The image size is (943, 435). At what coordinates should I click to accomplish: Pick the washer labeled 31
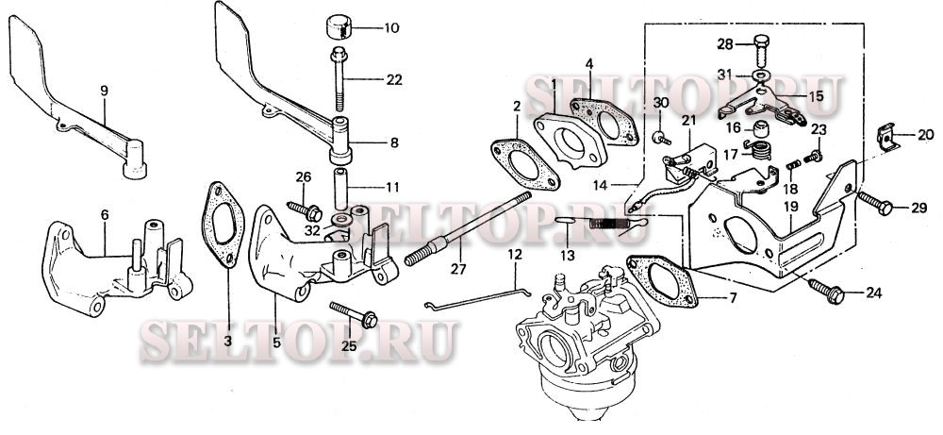pos(760,75)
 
